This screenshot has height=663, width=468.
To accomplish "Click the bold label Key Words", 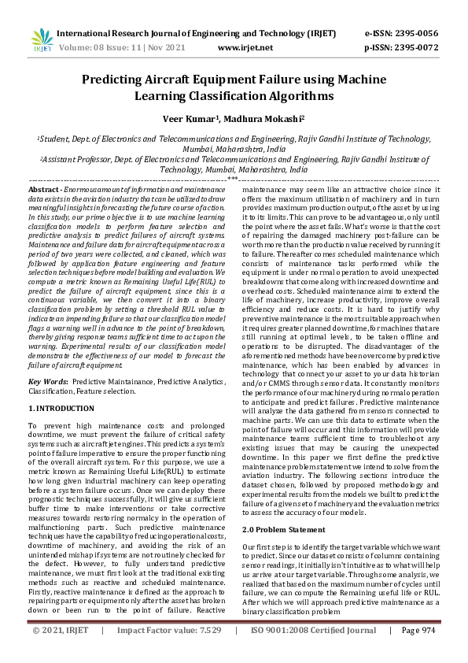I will coord(48,380).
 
